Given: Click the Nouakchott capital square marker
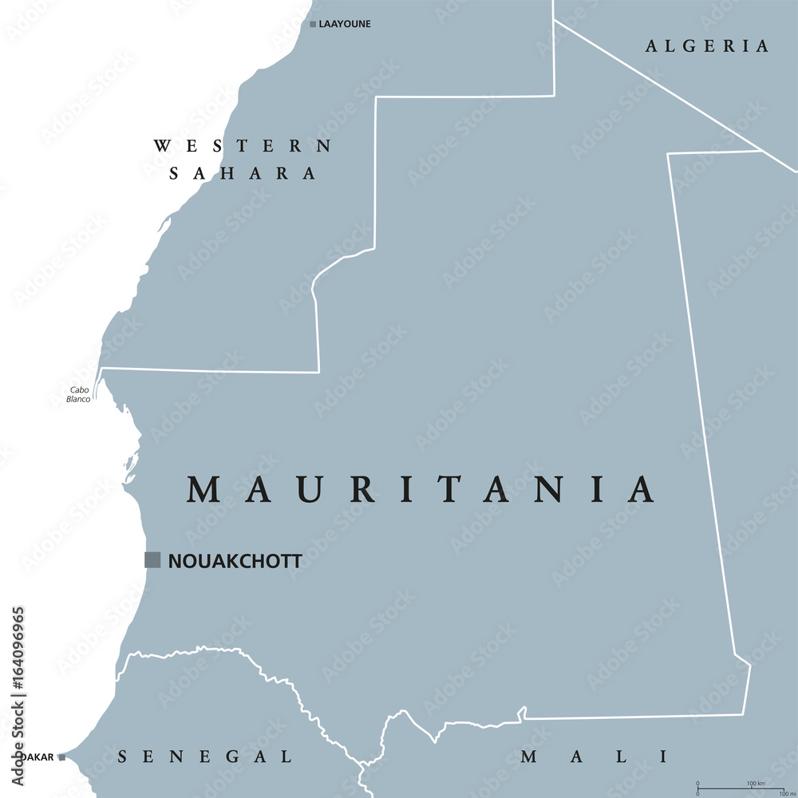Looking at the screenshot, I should (x=152, y=560).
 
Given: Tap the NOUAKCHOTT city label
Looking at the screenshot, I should (x=235, y=561).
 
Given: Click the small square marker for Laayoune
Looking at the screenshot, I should (x=313, y=25).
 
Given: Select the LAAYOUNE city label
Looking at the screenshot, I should (x=345, y=25).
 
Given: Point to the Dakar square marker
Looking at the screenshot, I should (x=61, y=757).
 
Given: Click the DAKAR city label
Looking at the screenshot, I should (x=41, y=757).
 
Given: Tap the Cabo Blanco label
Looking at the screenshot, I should (x=79, y=394).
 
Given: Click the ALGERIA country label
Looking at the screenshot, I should (x=707, y=46).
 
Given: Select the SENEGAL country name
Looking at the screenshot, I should (x=204, y=757).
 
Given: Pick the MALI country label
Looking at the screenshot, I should (x=594, y=757).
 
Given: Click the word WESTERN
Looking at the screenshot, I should (x=243, y=146).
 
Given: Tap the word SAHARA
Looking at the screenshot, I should (x=243, y=173).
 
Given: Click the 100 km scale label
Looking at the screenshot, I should (x=756, y=784).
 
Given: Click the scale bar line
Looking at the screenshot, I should (x=742, y=789).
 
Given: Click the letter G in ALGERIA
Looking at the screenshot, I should (x=691, y=46).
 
